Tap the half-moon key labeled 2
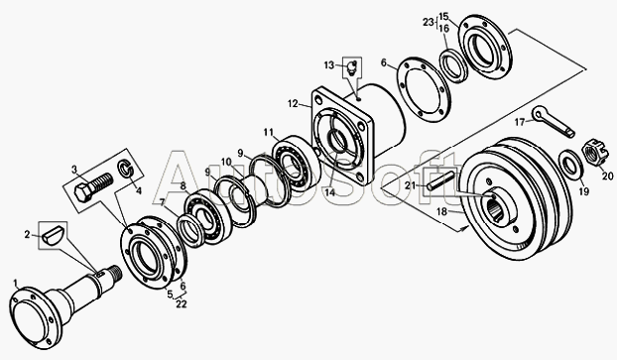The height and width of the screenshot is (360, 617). [53, 234]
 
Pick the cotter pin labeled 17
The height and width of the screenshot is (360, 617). [554, 122]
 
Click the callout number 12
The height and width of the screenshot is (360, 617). [293, 104]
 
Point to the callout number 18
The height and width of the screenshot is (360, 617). [441, 212]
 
